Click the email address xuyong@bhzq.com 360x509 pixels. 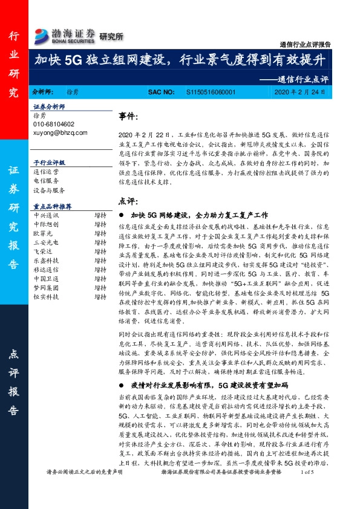pos(61,132)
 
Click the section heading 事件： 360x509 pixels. pos(129,115)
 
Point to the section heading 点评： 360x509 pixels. pos(129,200)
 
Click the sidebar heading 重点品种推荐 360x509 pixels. pos(53,206)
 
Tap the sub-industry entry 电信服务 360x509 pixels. pos(46,180)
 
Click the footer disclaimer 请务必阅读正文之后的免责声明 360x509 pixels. pos(84,488)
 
